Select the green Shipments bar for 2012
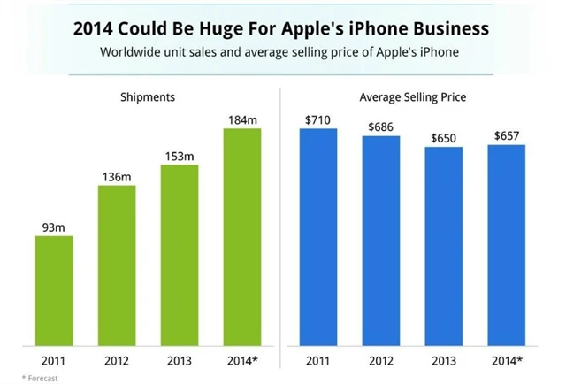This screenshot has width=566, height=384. tap(117, 265)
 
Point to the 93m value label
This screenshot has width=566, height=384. tap(54, 227)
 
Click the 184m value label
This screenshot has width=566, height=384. tap(241, 119)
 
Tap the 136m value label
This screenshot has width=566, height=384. tap(117, 176)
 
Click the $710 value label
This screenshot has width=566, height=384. tap(318, 119)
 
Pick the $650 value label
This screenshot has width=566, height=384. tap(444, 138)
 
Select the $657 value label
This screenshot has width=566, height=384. tap(507, 135)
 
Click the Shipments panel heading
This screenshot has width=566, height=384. tap(148, 96)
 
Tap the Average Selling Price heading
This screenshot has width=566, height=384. tap(412, 96)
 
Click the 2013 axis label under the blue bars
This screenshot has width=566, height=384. tap(444, 360)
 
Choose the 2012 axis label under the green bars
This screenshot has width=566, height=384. tap(117, 360)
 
